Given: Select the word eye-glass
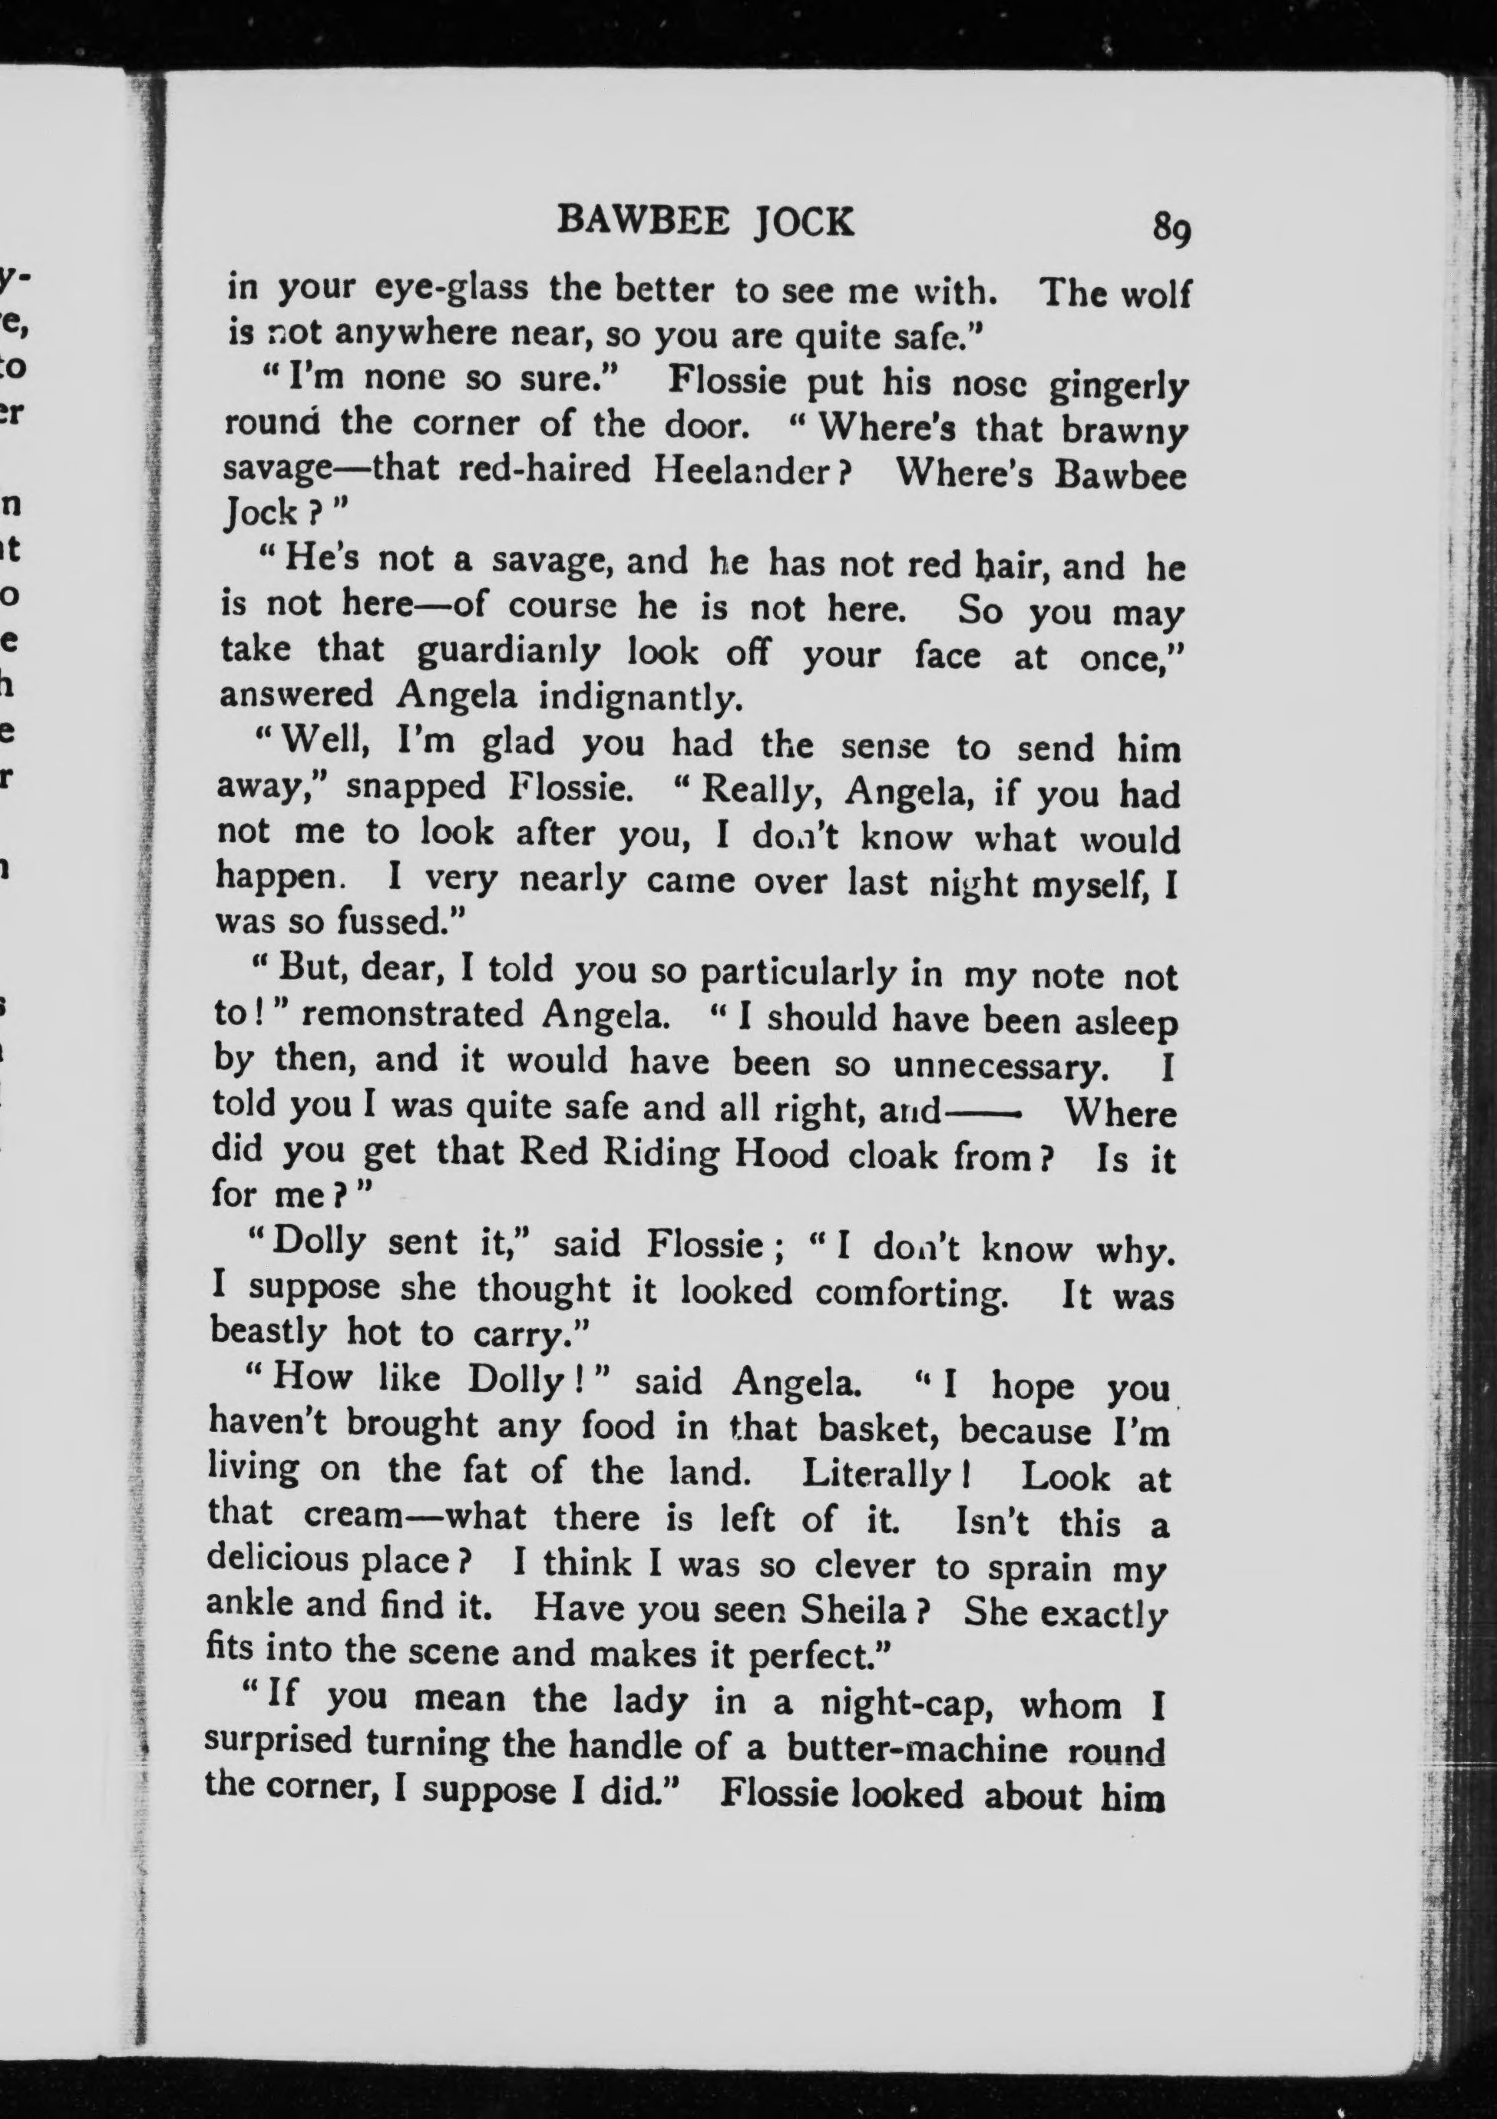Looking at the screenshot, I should tap(451, 289).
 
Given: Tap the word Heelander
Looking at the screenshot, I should tap(752, 471).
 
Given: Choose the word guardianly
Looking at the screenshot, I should tap(508, 650).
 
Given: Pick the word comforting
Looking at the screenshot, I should tap(911, 1292).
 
